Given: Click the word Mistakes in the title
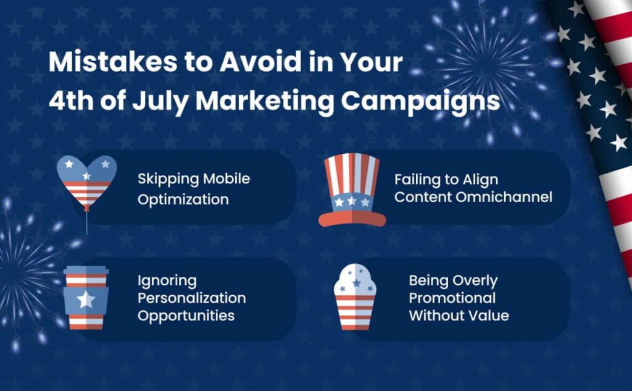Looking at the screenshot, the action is click(x=113, y=62).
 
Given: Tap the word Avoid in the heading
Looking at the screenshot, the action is click(x=261, y=62).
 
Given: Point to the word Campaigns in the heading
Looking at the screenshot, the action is click(x=420, y=102).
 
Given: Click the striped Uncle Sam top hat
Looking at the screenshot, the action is click(x=352, y=190).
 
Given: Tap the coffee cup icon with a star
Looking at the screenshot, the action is click(x=86, y=298).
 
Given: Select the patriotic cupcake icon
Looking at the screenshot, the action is click(x=355, y=297).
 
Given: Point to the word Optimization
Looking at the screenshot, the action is click(x=183, y=200).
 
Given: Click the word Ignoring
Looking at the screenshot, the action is click(x=167, y=281).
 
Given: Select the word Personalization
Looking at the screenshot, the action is click(x=192, y=298).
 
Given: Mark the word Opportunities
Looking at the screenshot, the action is click(x=186, y=316).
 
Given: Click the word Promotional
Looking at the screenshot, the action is click(x=452, y=298).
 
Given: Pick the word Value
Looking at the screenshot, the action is click(x=489, y=315).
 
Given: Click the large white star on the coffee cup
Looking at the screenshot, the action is click(x=86, y=300).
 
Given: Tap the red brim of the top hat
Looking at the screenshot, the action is click(x=352, y=219).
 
